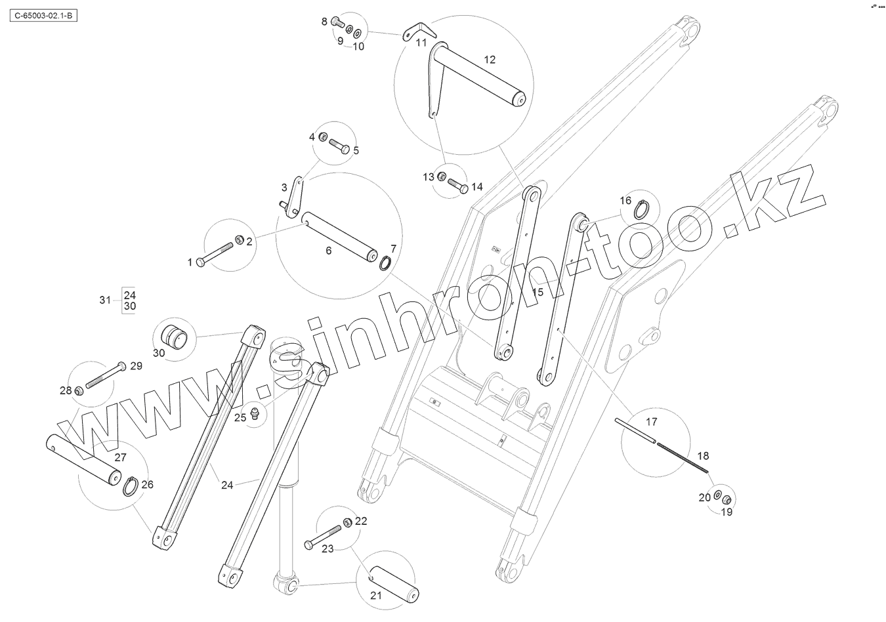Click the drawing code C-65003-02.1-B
pos(43,13)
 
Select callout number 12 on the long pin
pos(490,59)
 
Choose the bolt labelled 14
pos(457,188)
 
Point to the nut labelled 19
pos(727,498)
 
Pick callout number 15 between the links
pos(538,292)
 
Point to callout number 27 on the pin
pos(120,457)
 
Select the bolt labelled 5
pos(339,145)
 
